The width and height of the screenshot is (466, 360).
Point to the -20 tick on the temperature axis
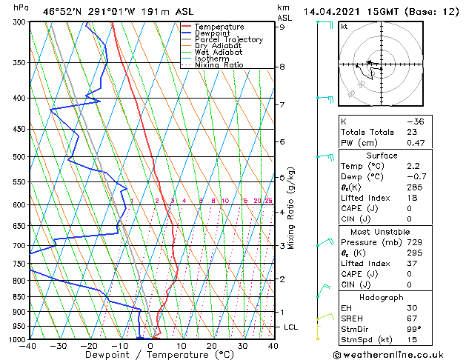[89, 345]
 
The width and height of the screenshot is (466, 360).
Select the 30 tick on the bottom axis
[242, 345]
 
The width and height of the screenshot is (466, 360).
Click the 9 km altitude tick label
[282, 27]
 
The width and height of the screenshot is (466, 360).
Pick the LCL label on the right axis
[291, 327]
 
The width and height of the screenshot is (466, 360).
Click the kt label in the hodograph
[344, 27]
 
